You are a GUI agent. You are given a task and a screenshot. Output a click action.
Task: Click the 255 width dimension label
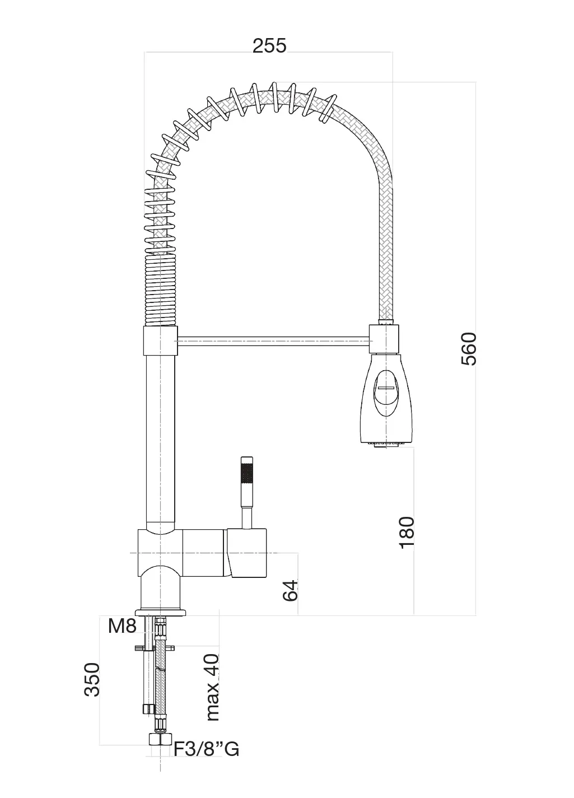tap(269, 45)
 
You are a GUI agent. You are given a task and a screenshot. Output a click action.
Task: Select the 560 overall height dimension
tap(468, 348)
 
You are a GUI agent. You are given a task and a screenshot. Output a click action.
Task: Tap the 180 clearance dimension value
tap(407, 531)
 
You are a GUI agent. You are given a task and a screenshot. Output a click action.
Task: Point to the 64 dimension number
tap(290, 590)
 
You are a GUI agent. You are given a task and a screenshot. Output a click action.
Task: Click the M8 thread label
tap(122, 626)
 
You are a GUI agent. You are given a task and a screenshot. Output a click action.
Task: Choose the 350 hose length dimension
tap(92, 679)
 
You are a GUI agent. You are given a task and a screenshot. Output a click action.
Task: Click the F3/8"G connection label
tap(206, 749)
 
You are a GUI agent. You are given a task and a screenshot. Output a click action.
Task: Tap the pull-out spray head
tap(385, 398)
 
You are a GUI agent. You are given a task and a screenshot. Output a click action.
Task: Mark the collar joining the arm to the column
tap(160, 341)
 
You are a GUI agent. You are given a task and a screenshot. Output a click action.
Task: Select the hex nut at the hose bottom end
tap(161, 739)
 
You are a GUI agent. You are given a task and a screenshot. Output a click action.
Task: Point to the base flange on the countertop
tap(161, 612)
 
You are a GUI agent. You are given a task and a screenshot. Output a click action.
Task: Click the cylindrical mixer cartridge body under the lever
tap(246, 553)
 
